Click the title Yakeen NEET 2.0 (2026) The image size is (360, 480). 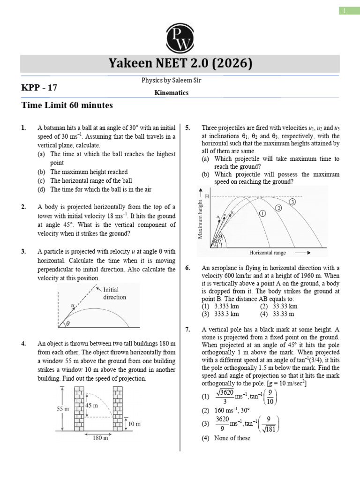(x=180, y=63)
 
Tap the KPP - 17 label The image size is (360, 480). (x=39, y=87)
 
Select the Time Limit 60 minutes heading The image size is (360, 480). (x=67, y=105)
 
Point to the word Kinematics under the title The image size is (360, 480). (x=172, y=93)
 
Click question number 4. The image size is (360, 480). (x=23, y=343)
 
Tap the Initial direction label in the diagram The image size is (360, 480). (x=114, y=293)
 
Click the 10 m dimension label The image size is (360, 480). (x=135, y=424)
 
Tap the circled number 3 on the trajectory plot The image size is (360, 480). (x=292, y=202)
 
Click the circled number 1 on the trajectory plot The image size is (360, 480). (x=262, y=214)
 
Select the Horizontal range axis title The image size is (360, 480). (x=267, y=253)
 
